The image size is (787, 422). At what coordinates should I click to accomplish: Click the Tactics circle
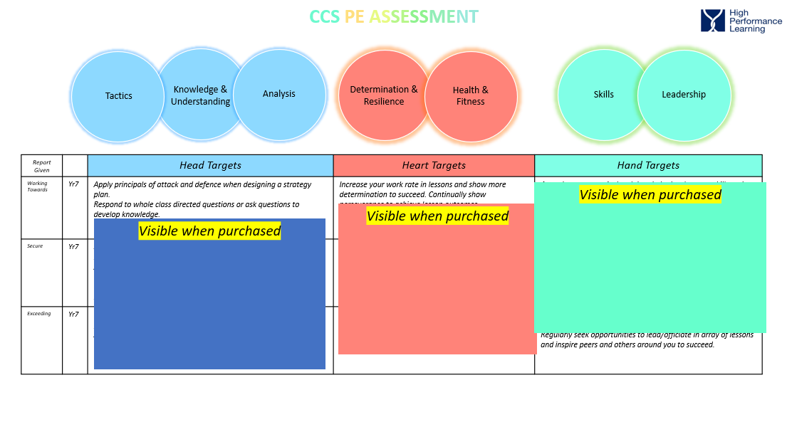click(118, 96)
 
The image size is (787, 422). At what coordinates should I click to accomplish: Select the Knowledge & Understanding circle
click(200, 95)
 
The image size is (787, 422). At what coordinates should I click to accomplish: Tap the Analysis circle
click(279, 94)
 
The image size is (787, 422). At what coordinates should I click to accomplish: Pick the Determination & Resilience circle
click(384, 95)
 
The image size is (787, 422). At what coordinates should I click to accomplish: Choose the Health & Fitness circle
click(471, 96)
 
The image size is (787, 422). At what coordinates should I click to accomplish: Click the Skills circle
click(603, 95)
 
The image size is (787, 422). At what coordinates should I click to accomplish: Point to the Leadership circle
click(684, 95)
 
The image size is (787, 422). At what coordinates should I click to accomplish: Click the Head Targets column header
click(210, 166)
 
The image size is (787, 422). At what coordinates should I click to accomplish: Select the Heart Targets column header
click(434, 166)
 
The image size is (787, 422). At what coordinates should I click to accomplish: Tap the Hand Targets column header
click(648, 166)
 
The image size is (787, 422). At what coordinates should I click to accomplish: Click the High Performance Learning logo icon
click(712, 21)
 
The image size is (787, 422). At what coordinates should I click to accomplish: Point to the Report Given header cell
click(42, 166)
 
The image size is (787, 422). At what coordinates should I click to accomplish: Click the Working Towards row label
click(37, 186)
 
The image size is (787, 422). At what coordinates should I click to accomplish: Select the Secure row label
click(35, 246)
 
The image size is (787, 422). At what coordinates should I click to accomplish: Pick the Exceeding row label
click(39, 314)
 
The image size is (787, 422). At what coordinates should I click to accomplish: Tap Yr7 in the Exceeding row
click(73, 315)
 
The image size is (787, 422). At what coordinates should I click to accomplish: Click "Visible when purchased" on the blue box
click(209, 231)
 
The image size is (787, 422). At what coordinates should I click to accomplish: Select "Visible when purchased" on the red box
click(437, 216)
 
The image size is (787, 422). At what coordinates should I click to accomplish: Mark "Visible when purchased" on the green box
click(650, 194)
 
